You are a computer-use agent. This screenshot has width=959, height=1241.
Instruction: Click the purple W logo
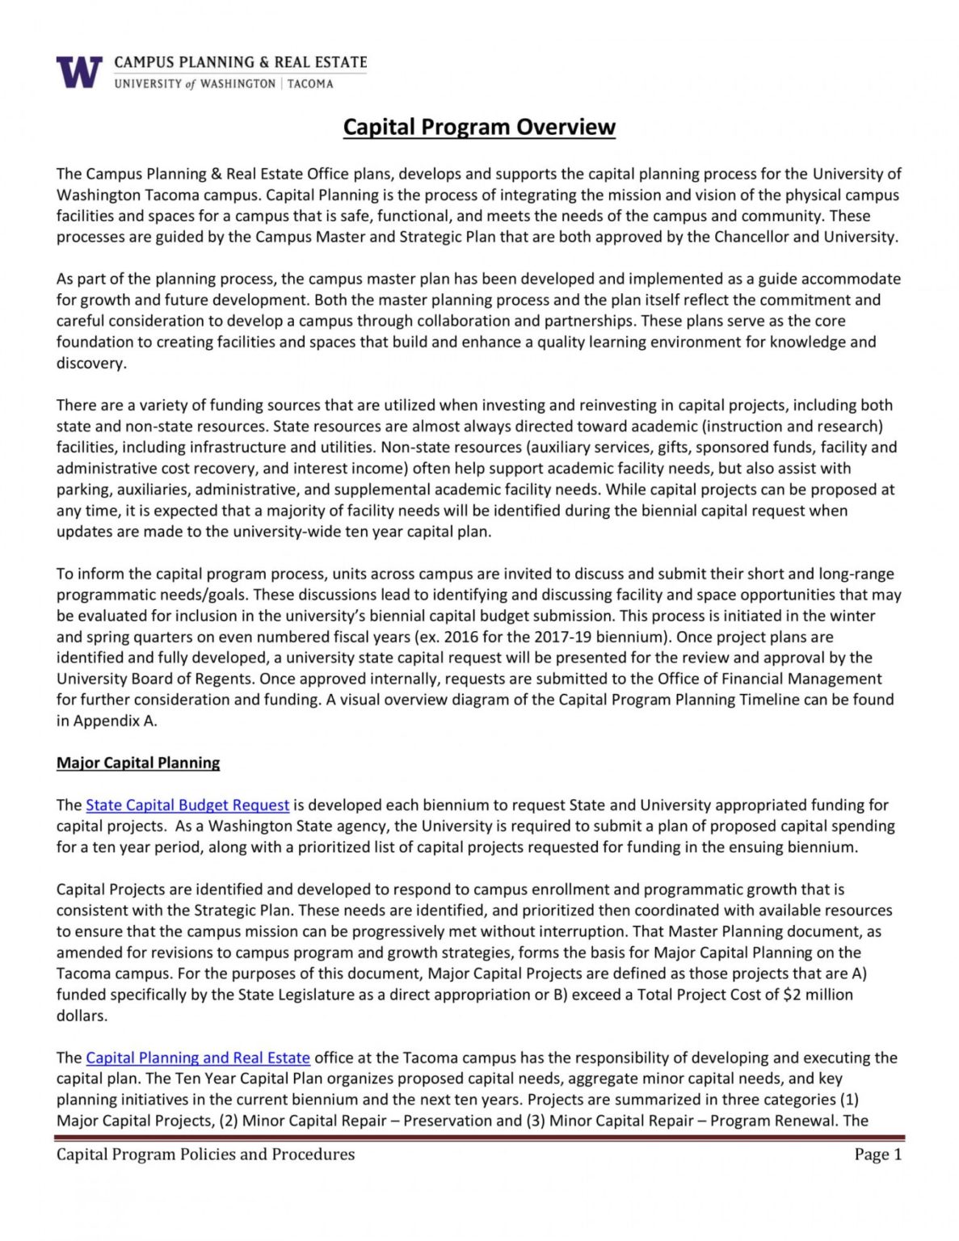(x=79, y=72)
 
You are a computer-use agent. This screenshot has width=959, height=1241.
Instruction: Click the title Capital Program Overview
(x=479, y=127)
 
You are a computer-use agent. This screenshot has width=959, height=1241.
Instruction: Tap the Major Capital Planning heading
(x=138, y=763)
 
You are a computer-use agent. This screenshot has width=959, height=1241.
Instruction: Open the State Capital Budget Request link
(x=187, y=805)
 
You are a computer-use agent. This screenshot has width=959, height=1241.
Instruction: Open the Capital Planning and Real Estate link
(x=198, y=1058)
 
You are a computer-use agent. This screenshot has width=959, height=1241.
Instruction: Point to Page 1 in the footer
(x=877, y=1155)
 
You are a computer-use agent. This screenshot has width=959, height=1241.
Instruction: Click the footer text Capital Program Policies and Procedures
(x=205, y=1155)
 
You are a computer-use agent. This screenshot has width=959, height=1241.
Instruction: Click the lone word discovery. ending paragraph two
(x=91, y=363)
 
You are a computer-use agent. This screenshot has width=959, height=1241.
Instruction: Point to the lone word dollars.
(x=82, y=1016)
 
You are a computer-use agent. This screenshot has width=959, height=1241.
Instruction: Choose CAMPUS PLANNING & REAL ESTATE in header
(x=241, y=62)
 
